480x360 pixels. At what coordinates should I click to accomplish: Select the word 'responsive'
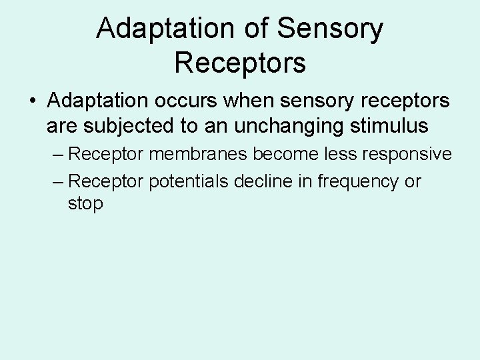click(x=409, y=154)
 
